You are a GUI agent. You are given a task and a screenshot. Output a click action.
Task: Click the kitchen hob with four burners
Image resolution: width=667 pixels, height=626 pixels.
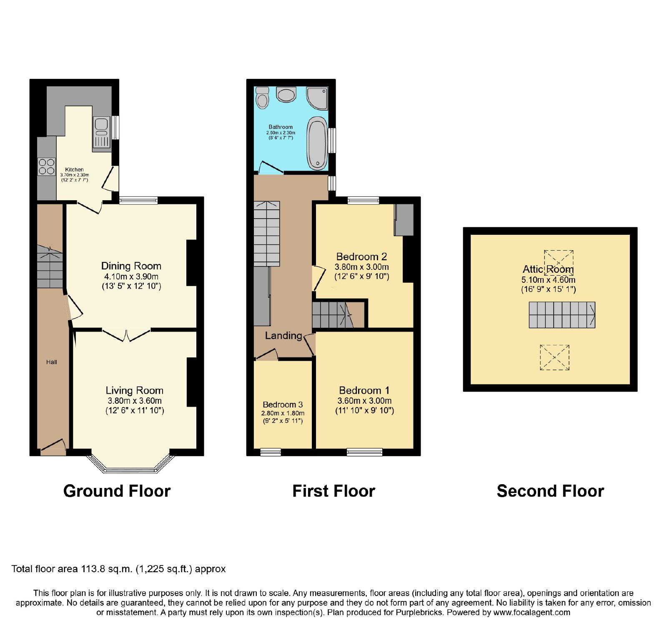[x=47, y=166]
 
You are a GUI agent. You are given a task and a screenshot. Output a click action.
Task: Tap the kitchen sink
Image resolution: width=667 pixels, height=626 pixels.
[x=102, y=133]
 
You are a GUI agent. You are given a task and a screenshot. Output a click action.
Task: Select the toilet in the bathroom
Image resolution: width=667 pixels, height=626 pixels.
[x=262, y=98]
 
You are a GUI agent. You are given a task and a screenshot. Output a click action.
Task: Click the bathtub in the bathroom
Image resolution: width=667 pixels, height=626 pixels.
[x=317, y=143]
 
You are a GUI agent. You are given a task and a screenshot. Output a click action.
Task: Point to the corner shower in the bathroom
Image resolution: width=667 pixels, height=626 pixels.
[x=317, y=97]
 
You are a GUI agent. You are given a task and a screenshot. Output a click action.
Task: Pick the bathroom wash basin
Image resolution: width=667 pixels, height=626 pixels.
[x=286, y=94]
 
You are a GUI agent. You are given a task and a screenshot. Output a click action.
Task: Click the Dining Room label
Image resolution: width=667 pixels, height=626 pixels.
[x=131, y=266]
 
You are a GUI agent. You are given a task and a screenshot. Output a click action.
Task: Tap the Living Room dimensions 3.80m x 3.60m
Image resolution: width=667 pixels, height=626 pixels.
[x=135, y=401]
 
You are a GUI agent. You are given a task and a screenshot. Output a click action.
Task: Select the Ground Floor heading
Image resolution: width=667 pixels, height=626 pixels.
[x=117, y=491]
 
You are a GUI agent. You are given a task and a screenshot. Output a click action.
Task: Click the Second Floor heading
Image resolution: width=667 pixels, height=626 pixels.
[x=550, y=491]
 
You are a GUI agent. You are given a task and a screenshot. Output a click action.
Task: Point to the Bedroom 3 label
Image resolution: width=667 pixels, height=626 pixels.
[x=283, y=405]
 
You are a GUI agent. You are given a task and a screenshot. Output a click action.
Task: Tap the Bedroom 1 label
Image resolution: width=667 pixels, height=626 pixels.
[x=364, y=390]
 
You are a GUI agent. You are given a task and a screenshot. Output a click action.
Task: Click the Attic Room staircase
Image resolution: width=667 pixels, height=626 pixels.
[x=562, y=315]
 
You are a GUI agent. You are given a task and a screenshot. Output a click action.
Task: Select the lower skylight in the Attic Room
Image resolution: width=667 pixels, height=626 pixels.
[x=554, y=357]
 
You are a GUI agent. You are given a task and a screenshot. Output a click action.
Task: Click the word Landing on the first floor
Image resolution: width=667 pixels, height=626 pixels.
[x=283, y=336]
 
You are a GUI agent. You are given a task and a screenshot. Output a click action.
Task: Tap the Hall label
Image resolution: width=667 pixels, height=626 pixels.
[x=52, y=362]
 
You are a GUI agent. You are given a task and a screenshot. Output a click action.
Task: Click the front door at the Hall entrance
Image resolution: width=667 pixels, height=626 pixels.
[x=53, y=447]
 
